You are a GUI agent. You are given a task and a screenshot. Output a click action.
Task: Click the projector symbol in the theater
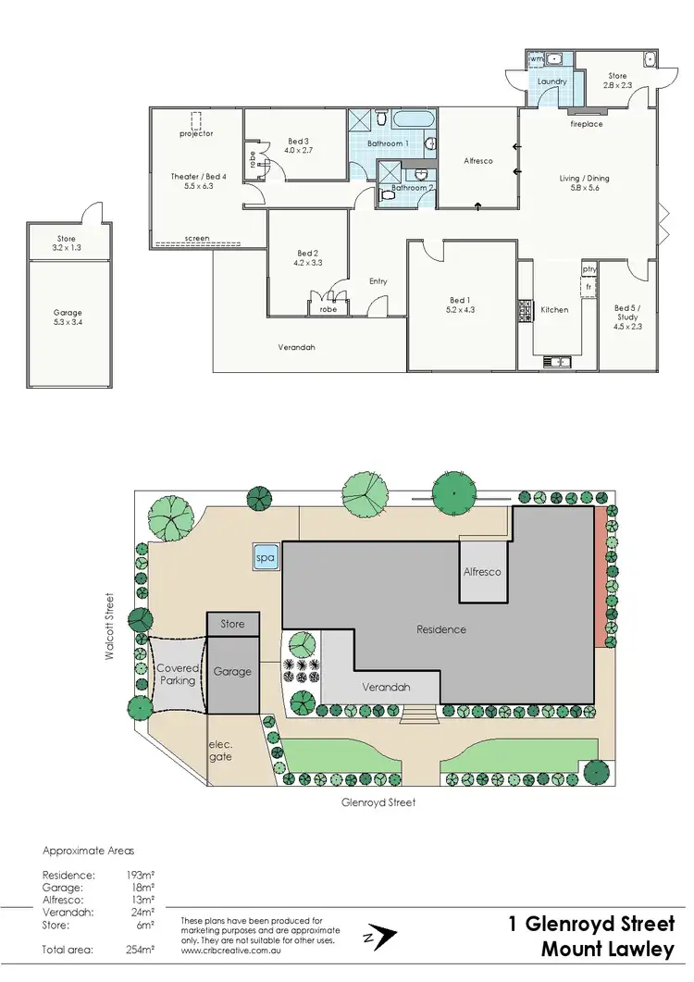click(196, 121)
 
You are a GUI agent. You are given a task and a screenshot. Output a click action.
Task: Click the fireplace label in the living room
click(587, 123)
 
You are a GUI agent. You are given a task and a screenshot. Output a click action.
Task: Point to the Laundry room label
click(551, 81)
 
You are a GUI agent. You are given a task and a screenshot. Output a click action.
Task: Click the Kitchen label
click(554, 309)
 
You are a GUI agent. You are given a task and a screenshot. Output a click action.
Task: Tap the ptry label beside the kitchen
click(589, 269)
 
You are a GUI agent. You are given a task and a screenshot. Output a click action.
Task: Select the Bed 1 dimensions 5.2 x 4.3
click(459, 310)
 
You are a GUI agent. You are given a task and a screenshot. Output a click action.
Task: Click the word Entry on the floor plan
click(378, 281)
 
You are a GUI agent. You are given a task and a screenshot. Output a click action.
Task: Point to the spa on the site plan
click(265, 558)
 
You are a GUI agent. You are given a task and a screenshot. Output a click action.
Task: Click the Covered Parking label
click(177, 674)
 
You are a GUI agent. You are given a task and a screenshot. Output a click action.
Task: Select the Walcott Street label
click(109, 627)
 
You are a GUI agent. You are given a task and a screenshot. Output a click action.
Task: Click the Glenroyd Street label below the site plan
click(378, 802)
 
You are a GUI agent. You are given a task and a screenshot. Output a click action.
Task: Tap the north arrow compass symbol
click(378, 937)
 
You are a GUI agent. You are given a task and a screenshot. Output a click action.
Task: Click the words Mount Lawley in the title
click(612, 950)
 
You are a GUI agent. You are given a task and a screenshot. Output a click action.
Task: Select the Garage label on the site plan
click(232, 671)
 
